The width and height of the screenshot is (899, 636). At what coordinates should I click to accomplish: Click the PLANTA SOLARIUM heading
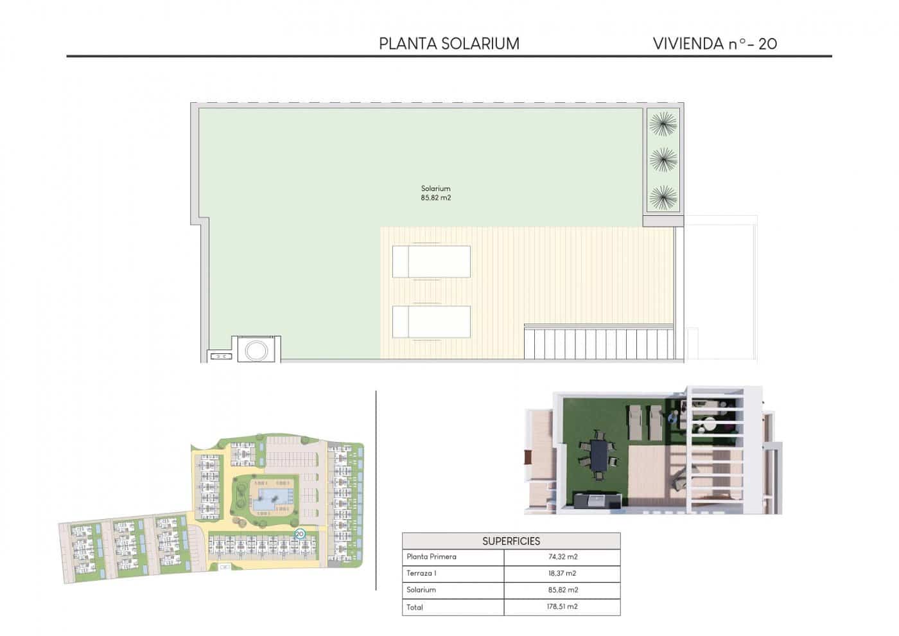pyautogui.click(x=449, y=44)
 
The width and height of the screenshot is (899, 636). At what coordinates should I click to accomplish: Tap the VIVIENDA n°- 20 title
pyautogui.click(x=715, y=44)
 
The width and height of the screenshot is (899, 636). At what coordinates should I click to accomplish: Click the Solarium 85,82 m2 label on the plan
pyautogui.click(x=435, y=193)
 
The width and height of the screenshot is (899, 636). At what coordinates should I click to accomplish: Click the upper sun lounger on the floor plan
pyautogui.click(x=431, y=261)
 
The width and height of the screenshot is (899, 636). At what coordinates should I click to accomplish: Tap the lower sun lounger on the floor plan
pyautogui.click(x=431, y=321)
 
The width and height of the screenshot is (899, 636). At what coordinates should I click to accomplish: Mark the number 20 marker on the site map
pyautogui.click(x=299, y=533)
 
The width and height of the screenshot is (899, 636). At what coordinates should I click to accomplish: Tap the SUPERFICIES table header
pyautogui.click(x=511, y=541)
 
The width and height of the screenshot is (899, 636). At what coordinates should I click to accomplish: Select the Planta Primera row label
pyautogui.click(x=431, y=557)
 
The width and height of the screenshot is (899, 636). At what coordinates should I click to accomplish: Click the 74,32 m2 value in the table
pyautogui.click(x=562, y=557)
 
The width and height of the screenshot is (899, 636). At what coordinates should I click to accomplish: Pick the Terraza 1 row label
pyautogui.click(x=421, y=573)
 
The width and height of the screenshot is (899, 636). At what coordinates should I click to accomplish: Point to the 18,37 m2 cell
pyautogui.click(x=562, y=573)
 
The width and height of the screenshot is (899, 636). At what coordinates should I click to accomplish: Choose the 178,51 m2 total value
pyautogui.click(x=562, y=606)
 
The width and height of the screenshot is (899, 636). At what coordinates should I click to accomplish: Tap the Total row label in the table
pyautogui.click(x=415, y=606)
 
